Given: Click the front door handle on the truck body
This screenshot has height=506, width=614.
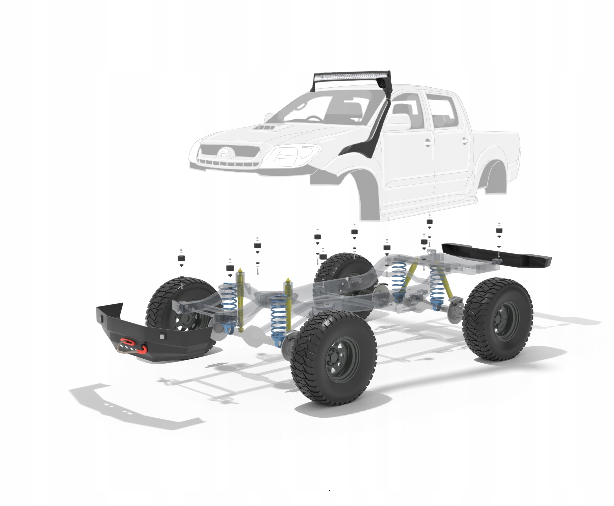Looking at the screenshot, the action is [x=427, y=143].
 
